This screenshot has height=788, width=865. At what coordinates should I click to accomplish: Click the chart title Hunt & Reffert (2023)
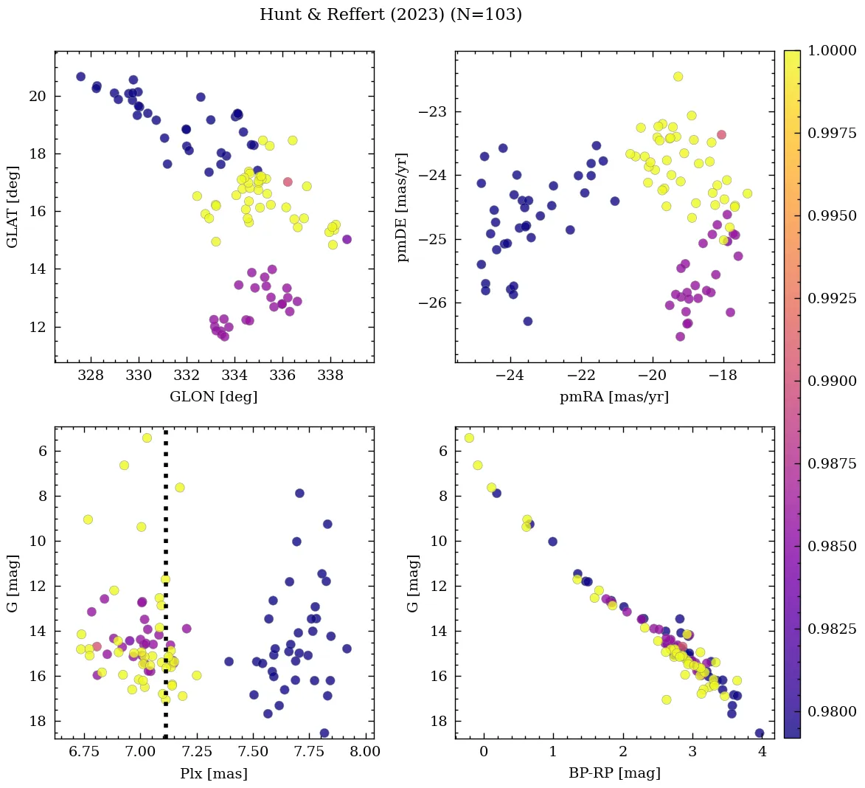pos(390,15)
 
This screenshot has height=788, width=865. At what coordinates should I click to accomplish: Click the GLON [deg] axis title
pos(214,397)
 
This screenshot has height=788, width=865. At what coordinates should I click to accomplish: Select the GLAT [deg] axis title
pos(13,207)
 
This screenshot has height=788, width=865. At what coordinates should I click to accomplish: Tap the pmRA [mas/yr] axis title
pos(614,397)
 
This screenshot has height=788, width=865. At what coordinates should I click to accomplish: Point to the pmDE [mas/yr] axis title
pos(402,207)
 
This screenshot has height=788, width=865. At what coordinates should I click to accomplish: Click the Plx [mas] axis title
pos(214,773)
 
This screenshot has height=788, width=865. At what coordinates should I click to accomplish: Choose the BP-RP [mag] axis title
pos(614,773)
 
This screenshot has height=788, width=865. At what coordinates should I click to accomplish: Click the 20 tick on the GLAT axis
pos(38,96)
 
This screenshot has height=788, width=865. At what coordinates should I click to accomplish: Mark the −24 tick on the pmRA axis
pos(510,376)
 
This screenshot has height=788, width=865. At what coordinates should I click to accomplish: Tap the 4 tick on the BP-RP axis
pos(762,752)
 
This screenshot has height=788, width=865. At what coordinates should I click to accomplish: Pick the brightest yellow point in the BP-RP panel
pos(469,438)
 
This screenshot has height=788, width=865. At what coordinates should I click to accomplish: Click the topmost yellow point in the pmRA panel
pos(678,77)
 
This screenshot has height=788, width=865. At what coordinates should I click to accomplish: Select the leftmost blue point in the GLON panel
pos(80,77)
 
